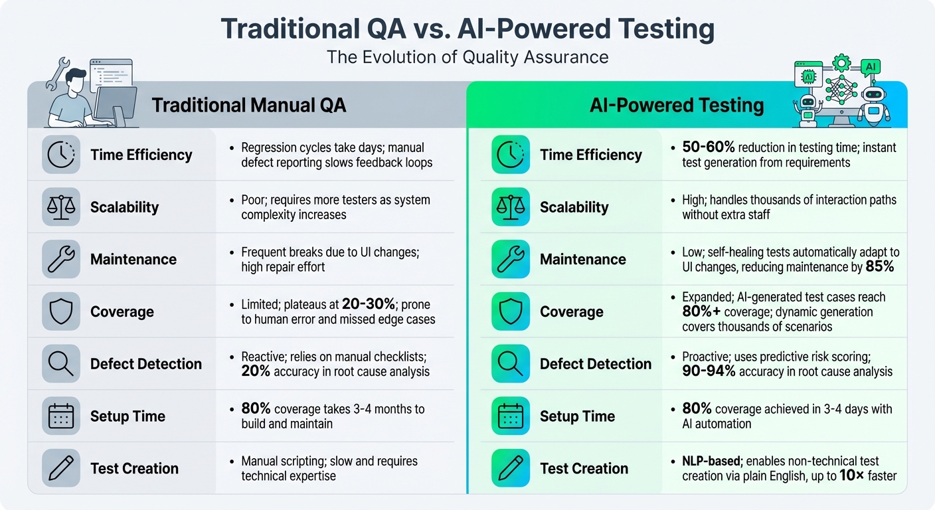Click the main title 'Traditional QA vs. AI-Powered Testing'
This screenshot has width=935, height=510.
(467, 29)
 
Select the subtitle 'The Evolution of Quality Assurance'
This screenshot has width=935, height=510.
(467, 57)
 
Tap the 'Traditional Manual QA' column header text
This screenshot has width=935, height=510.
(249, 105)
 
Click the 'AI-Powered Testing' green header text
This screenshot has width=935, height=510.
(677, 105)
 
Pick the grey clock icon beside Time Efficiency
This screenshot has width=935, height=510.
(60, 155)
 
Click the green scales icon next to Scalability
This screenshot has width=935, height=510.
(511, 207)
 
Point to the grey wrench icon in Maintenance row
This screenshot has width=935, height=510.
(60, 259)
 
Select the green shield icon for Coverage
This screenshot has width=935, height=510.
(511, 311)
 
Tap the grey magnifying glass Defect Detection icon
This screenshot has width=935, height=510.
(60, 364)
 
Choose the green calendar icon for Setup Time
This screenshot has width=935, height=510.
(511, 416)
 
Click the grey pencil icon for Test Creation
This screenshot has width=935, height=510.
(60, 468)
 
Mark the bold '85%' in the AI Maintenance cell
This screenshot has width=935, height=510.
(880, 267)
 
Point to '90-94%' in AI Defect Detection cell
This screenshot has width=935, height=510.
(709, 372)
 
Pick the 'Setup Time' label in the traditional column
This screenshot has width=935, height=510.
(127, 416)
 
